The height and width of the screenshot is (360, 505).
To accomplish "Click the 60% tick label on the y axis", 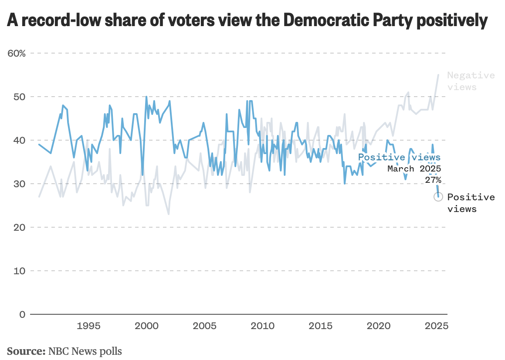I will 17,53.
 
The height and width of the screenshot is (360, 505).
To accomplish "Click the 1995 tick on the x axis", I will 88,326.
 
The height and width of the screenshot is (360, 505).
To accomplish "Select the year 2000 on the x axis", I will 146,326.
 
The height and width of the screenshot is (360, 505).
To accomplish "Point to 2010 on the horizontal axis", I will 262,326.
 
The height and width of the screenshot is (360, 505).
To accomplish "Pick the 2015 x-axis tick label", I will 320,326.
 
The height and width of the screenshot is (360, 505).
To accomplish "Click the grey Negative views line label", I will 471,81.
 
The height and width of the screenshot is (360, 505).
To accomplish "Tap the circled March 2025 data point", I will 438,197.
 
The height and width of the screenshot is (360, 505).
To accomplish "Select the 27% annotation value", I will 433,180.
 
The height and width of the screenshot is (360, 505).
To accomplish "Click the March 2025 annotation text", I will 414,168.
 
